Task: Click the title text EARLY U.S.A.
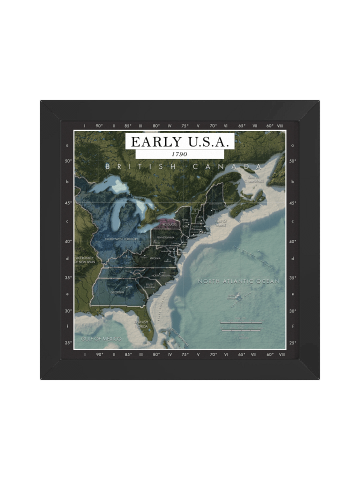click(x=179, y=141)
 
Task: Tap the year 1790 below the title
click(x=179, y=154)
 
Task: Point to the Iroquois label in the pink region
click(x=169, y=225)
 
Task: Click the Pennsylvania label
click(x=165, y=237)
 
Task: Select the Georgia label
click(x=117, y=291)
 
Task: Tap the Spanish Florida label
click(x=141, y=323)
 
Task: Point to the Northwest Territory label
click(x=121, y=239)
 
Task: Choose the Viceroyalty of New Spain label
click(x=84, y=259)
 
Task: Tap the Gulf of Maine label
click(x=221, y=222)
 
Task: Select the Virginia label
click(x=155, y=258)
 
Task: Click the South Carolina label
click(x=149, y=286)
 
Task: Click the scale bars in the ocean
click(x=241, y=326)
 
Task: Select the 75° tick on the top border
click(x=185, y=126)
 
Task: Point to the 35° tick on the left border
click(x=68, y=277)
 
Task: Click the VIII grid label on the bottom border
click(x=282, y=354)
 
